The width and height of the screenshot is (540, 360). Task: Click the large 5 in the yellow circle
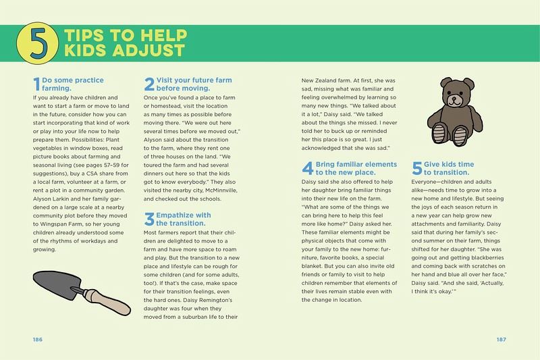click(38, 43)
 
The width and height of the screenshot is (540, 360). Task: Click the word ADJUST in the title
click(148, 50)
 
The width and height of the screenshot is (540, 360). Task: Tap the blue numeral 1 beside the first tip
click(37, 84)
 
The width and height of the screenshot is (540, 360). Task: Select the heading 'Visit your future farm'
click(194, 80)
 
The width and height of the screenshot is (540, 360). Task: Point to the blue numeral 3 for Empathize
click(149, 219)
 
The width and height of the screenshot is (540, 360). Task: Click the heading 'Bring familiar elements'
click(356, 164)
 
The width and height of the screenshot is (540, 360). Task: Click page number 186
click(38, 339)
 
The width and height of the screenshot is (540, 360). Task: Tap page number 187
click(501, 339)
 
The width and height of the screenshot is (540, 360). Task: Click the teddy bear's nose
click(454, 98)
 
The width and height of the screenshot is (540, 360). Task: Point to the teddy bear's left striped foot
click(439, 133)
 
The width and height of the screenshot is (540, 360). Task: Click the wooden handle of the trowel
click(107, 301)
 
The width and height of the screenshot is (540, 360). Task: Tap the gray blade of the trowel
click(57, 283)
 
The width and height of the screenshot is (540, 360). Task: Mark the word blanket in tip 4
click(312, 266)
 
